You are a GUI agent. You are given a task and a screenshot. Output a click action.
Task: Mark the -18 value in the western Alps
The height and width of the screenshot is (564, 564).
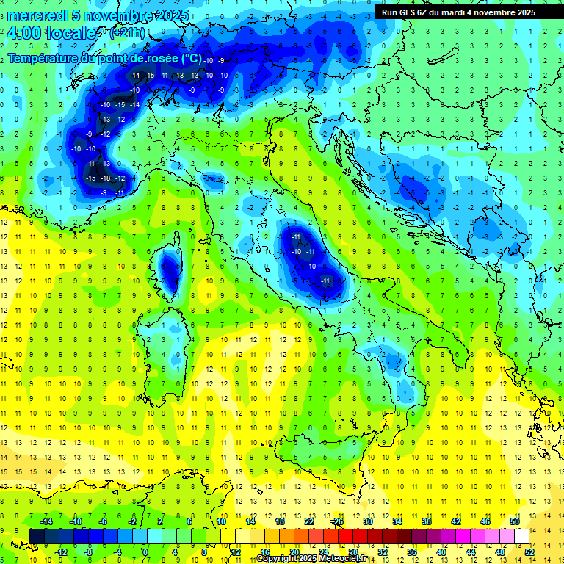point(106,178)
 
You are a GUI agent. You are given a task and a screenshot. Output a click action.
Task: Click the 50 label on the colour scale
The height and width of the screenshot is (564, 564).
point(514,521)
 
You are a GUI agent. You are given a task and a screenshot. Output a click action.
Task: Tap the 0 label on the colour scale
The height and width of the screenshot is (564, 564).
point(145,552)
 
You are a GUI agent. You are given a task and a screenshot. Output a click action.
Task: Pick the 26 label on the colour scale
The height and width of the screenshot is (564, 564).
point(339,521)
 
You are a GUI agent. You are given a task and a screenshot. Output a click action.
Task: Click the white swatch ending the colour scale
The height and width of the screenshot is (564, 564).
point(521,536)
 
